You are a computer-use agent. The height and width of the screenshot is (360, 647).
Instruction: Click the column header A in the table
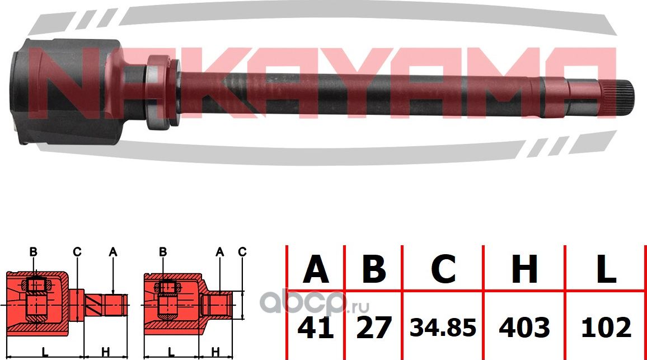316,269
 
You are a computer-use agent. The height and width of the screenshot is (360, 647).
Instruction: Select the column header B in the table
374,269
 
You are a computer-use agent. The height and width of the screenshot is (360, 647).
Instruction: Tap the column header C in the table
443,269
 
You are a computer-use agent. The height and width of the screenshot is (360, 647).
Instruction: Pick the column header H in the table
524,269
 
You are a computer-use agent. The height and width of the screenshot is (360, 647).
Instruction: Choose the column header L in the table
606,269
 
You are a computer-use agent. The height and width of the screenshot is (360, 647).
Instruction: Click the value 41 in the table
316,327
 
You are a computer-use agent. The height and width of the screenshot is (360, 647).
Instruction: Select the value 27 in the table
374,327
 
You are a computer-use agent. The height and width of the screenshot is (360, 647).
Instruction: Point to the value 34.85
443,328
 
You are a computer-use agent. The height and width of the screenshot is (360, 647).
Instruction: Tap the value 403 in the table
524,327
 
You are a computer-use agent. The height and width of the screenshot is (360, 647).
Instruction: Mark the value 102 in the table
606,327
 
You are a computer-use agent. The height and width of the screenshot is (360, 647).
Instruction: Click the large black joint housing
67,92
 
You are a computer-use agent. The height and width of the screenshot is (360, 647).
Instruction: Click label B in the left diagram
33,253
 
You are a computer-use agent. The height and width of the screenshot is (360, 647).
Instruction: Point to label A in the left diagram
112,253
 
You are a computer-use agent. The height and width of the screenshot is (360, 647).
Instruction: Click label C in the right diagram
242,253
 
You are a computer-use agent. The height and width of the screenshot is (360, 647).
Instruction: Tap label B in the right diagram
163,253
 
